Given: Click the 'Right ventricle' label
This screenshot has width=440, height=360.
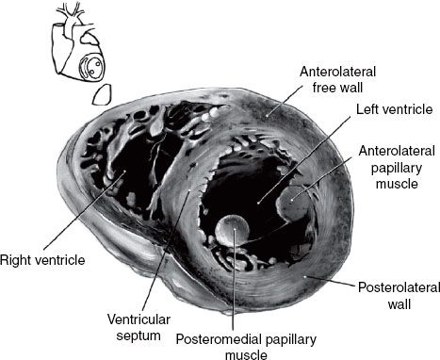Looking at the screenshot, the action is pyautogui.click(x=42, y=260).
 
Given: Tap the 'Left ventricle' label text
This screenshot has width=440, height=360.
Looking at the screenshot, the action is pyautogui.click(x=394, y=109).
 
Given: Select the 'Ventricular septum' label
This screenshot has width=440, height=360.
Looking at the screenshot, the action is pyautogui.click(x=139, y=327).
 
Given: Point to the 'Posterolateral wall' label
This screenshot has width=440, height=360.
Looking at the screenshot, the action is pyautogui.click(x=399, y=296).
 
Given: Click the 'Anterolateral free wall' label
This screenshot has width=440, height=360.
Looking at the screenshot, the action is pyautogui.click(x=337, y=79).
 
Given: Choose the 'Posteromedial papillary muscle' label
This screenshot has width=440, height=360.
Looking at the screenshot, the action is pyautogui.click(x=246, y=347).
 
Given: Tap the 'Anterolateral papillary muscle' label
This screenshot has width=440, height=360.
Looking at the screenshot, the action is pyautogui.click(x=397, y=167).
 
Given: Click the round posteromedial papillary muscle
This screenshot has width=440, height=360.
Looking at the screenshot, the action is pyautogui.click(x=233, y=230).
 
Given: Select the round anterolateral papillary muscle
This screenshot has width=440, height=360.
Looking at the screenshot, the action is pyautogui.click(x=293, y=204).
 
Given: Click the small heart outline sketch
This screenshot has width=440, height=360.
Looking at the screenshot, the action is pyautogui.click(x=78, y=44).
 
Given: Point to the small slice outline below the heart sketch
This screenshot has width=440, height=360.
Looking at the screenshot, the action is pyautogui.click(x=102, y=94).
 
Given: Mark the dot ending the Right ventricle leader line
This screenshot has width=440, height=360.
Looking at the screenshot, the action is pyautogui.click(x=124, y=172).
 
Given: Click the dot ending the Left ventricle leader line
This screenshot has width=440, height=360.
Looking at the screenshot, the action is pyautogui.click(x=258, y=203).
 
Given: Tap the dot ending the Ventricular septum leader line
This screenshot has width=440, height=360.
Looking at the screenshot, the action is pyautogui.click(x=189, y=190).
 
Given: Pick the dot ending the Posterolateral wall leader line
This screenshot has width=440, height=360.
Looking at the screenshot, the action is pyautogui.click(x=305, y=276).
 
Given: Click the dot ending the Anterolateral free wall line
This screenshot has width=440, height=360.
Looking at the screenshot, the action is pyautogui.click(x=267, y=116).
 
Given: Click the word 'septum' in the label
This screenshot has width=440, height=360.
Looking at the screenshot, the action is pyautogui.click(x=139, y=335).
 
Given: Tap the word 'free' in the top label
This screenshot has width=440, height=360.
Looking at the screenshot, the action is pyautogui.click(x=324, y=87).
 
